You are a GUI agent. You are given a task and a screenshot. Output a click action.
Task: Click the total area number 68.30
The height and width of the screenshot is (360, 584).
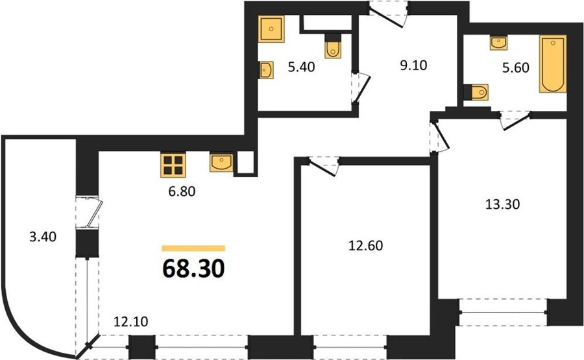click(193, 269)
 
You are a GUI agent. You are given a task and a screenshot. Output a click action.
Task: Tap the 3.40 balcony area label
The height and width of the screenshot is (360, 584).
click(43, 237)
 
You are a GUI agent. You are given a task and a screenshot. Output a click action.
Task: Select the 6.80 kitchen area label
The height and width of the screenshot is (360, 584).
click(182, 191)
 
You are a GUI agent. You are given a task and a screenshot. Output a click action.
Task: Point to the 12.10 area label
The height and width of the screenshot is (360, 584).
click(130, 321)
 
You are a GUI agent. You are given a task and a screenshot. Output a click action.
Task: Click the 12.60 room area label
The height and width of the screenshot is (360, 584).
click(366, 246)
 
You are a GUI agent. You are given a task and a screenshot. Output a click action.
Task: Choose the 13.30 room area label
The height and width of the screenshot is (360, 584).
click(503, 204)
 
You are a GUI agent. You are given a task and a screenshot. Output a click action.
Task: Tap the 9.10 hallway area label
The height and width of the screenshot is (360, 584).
click(413, 66)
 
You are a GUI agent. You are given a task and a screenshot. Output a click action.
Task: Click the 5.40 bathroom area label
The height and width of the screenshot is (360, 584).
click(301, 67)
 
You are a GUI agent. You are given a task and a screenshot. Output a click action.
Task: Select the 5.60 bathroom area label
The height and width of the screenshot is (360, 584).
click(516, 67)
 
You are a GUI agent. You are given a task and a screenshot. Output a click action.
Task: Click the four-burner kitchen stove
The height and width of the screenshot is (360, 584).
click(173, 165)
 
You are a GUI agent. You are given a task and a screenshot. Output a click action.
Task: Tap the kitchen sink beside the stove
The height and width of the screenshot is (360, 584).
click(221, 163)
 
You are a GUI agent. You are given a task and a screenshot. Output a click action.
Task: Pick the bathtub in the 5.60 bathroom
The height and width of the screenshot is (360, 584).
click(553, 64)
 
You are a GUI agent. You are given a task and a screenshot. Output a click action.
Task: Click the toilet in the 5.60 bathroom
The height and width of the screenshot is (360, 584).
click(476, 92)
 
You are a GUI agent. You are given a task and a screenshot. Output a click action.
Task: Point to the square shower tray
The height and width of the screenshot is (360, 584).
click(271, 29)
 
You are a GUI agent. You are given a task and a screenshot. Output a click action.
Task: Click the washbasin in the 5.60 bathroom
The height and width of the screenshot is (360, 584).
click(499, 43)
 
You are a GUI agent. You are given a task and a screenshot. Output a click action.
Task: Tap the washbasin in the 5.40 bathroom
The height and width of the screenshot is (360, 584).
click(266, 70)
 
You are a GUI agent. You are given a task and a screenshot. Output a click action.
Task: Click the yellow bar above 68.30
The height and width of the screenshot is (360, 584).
click(193, 248)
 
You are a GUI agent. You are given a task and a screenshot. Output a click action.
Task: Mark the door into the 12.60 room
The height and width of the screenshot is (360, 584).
click(323, 165)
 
